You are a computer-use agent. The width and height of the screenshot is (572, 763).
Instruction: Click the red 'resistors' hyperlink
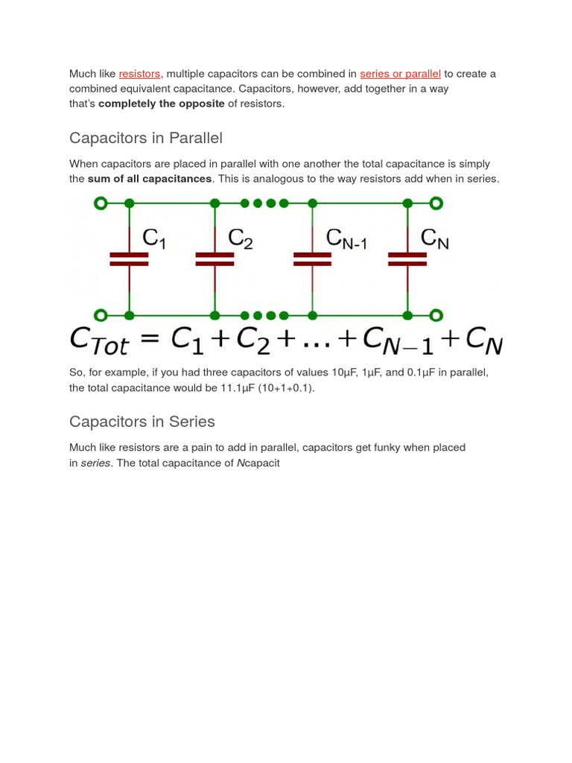tap(139, 74)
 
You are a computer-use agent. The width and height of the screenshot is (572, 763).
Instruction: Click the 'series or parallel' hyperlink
tap(400, 74)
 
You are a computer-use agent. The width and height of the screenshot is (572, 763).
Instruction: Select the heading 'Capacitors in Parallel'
tap(145, 138)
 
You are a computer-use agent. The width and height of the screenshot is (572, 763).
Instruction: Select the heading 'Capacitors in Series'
tap(142, 422)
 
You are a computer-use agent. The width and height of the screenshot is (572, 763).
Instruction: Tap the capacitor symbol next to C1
tap(129, 259)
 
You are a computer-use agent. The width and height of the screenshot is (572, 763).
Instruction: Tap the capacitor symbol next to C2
tap(214, 259)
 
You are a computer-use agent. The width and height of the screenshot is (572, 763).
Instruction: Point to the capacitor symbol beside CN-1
tap(312, 259)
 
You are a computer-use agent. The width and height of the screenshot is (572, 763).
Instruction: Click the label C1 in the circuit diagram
tap(154, 238)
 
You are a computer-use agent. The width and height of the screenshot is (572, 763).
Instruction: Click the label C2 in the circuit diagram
tap(241, 238)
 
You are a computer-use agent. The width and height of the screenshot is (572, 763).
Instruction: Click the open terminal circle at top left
tap(101, 203)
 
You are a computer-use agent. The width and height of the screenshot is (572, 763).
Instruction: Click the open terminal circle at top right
tap(436, 203)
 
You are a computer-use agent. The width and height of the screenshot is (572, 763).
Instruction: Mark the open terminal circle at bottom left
tap(101, 315)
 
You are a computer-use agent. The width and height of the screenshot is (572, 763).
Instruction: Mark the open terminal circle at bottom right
tap(436, 315)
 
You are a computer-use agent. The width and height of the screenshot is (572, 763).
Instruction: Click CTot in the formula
tap(99, 341)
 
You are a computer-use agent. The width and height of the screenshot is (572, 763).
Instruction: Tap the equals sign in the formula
tap(150, 340)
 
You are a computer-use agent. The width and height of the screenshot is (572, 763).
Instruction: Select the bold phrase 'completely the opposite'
tap(162, 104)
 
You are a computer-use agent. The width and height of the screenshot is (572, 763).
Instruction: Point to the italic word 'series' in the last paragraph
tap(95, 463)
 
